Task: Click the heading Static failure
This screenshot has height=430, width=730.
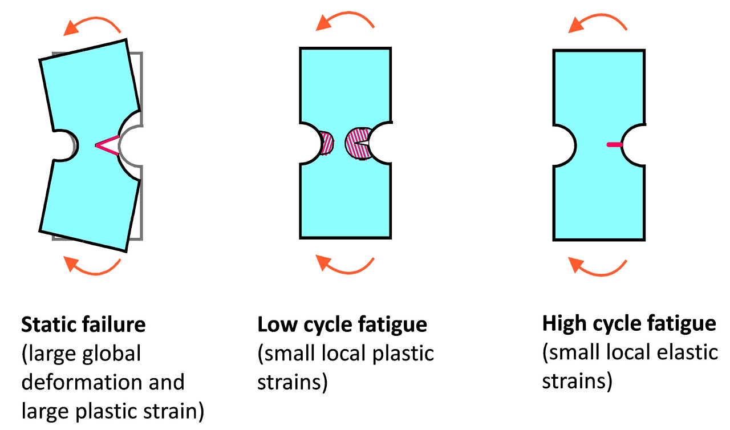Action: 83,325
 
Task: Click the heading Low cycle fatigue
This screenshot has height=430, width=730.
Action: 342,325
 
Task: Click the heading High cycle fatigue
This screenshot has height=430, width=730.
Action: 629,324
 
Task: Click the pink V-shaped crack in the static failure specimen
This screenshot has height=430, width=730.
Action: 107,146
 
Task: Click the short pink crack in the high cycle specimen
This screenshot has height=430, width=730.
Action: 614,145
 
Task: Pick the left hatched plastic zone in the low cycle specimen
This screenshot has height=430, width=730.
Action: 326,143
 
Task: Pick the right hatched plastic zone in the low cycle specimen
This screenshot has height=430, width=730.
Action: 358,143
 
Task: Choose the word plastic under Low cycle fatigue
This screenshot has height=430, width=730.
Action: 406,354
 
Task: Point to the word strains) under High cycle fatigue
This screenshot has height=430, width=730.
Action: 577,380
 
